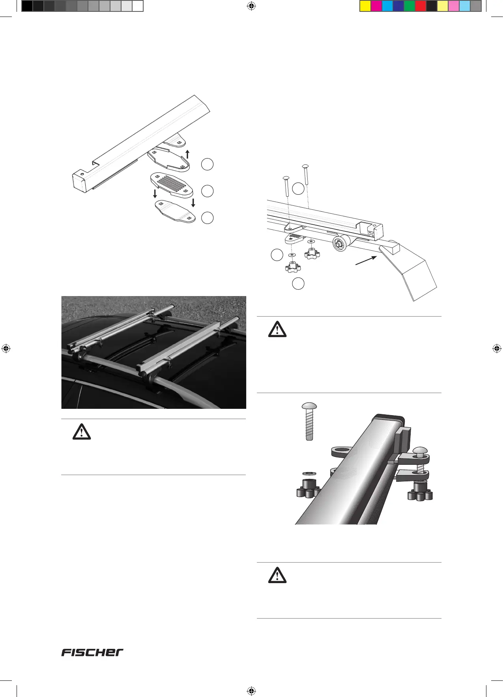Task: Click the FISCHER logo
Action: point(92,652)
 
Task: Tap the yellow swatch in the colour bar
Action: point(365,6)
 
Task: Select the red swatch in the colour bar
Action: point(421,6)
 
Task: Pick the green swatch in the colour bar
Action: point(410,6)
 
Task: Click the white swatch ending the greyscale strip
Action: point(137,6)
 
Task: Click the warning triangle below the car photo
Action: point(82,432)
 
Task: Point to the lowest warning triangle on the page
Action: point(277,576)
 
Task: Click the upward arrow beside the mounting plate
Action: point(188,154)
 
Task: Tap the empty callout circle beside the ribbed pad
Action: point(207,191)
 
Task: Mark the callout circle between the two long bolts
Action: point(298,189)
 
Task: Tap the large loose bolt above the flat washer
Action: point(309,421)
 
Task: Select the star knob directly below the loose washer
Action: point(309,489)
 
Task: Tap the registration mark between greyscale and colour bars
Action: point(251,6)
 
